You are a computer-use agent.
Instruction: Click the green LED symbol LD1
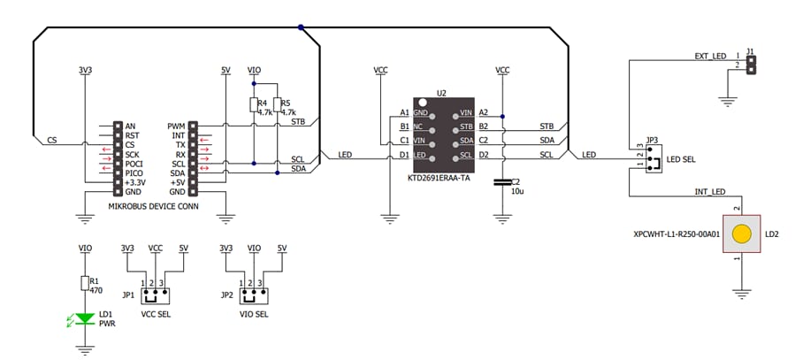85,318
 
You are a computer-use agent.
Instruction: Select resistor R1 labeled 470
85,283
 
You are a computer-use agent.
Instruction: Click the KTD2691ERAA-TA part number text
439,178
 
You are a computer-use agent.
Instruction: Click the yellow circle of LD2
742,234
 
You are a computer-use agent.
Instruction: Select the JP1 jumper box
157,294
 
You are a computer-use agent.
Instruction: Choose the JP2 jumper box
255,294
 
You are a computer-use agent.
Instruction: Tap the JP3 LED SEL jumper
652,159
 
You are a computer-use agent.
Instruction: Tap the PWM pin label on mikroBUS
175,126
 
